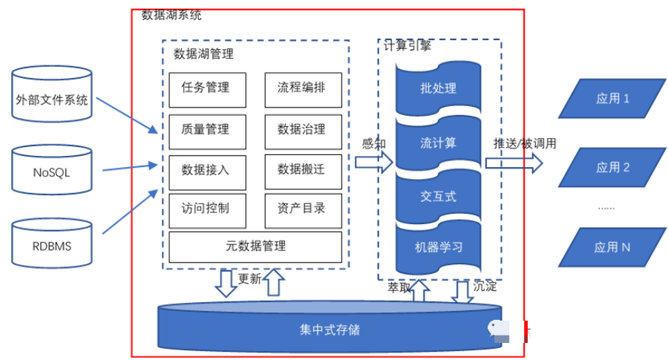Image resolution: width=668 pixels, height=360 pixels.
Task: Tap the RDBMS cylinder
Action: [x=52, y=246]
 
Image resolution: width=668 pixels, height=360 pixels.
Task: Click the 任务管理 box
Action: [x=206, y=88]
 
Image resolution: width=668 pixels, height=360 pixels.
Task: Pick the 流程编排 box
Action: [x=301, y=88]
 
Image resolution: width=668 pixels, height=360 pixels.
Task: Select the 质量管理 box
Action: [x=206, y=129]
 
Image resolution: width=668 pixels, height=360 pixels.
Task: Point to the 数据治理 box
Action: [x=301, y=129]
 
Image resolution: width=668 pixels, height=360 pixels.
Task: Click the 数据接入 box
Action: [x=206, y=169]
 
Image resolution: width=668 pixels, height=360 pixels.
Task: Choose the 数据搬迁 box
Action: [x=301, y=169]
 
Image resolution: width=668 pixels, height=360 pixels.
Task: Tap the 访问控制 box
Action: [x=206, y=209]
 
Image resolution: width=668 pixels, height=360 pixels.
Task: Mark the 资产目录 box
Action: [x=301, y=209]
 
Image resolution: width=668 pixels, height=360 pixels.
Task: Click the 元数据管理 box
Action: [x=255, y=246]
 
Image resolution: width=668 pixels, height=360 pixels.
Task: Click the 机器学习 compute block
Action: [x=438, y=247]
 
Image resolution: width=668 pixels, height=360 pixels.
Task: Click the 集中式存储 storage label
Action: [x=330, y=329]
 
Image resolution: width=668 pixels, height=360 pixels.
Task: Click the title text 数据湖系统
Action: [x=171, y=15]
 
